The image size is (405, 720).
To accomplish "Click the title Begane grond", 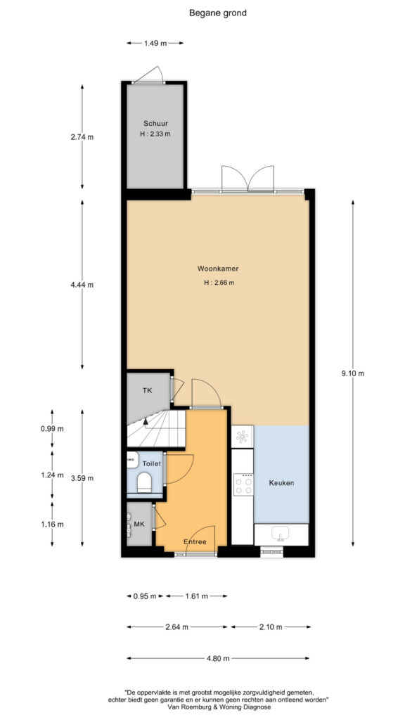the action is coord(218,13).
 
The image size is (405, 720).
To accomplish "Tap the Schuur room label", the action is coord(155,124).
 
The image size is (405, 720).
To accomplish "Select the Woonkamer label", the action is coord(218,268).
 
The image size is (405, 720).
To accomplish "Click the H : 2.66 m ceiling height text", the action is coord(219,283).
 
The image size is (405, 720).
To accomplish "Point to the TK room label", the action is coord(147,391).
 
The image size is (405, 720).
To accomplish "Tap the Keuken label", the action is coord(281,483).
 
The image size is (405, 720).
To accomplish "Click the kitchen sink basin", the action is coord(281,534).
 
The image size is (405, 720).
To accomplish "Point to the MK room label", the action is coord(139,525).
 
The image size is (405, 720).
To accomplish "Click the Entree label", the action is coord(195,542).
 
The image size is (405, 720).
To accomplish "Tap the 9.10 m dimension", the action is coord(352,373).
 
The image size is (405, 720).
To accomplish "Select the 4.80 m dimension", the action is coord(219,658).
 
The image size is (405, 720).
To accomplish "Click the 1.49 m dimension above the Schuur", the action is coord(155,43).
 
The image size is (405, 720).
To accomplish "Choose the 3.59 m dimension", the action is coord(82,478).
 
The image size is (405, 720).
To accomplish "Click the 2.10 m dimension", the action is coord(271,626).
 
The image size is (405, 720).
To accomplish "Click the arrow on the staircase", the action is coord(145,420).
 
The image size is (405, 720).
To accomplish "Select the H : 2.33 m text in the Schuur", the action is coord(155,134).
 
